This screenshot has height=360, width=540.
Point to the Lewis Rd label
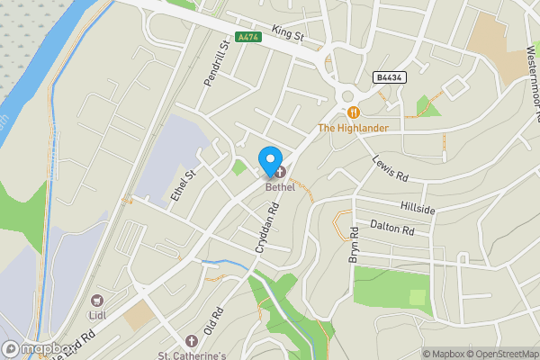coord(391,167)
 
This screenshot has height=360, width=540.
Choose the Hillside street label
coord(418,209)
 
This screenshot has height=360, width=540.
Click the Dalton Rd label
coord(391,228)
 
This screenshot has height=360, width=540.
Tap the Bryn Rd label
coord(355,246)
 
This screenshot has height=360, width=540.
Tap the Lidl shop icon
coord(97,301)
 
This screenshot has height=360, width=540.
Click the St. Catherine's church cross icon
coord(191,341)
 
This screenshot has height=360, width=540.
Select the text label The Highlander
coord(353,129)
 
